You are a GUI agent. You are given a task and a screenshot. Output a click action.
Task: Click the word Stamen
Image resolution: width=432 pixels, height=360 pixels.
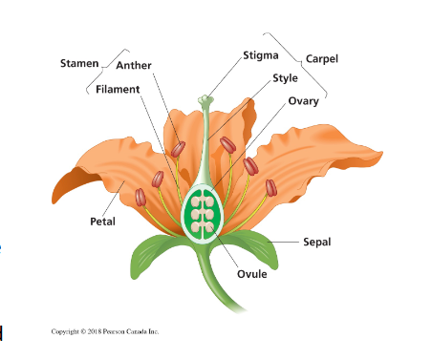(x=78, y=63)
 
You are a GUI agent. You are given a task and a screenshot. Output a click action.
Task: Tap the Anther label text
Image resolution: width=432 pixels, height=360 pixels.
(x=134, y=65)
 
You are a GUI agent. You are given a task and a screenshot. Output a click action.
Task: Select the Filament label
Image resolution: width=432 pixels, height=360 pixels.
(x=118, y=89)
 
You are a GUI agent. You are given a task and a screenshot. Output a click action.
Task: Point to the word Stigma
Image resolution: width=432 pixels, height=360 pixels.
(x=261, y=55)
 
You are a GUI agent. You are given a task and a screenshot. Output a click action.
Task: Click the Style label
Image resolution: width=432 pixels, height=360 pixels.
(x=285, y=78)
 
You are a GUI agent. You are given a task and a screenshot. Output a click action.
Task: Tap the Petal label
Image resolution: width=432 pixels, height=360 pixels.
(x=102, y=222)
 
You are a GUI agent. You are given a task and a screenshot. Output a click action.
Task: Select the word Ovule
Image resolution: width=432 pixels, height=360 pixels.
(x=251, y=275)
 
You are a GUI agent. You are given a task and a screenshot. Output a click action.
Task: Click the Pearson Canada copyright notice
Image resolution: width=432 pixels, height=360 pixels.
(x=105, y=331)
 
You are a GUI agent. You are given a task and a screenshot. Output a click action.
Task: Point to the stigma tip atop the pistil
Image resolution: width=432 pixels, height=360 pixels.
(x=205, y=98)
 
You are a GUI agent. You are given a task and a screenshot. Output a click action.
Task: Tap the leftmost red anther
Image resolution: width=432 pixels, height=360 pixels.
(x=140, y=198)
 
